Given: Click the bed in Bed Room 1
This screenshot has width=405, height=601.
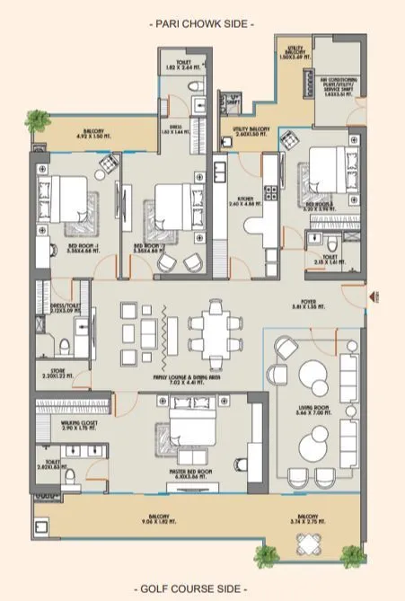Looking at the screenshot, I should tap(66, 204).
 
